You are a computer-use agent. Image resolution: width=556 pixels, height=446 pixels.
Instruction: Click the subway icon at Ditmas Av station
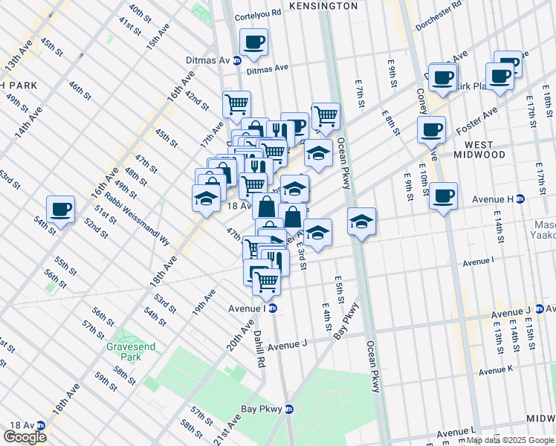pyautogui.click(x=236, y=60)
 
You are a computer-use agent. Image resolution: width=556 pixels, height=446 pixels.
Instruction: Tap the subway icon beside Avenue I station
pyautogui.click(x=273, y=308)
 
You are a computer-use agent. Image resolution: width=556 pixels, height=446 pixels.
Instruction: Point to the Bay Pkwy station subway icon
pyautogui.click(x=289, y=409)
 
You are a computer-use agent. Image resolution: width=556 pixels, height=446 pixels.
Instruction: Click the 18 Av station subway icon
pyautogui.click(x=40, y=425)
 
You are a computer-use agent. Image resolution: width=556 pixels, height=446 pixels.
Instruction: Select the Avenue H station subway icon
pyautogui.click(x=520, y=198)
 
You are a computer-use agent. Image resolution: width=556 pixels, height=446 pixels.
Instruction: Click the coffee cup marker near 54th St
pyautogui.click(x=61, y=210)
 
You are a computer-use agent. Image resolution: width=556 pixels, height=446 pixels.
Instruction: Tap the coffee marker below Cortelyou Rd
pyautogui.click(x=253, y=42)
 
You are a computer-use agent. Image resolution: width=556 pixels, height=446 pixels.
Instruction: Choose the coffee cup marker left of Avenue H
pyautogui.click(x=443, y=196)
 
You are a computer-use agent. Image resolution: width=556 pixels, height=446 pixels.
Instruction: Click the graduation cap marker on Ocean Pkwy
pyautogui.click(x=361, y=222)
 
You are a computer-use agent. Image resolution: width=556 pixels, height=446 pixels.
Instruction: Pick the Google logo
pyautogui.click(x=25, y=437)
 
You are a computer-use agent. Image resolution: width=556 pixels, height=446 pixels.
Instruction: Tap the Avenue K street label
pyautogui.click(x=496, y=370)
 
